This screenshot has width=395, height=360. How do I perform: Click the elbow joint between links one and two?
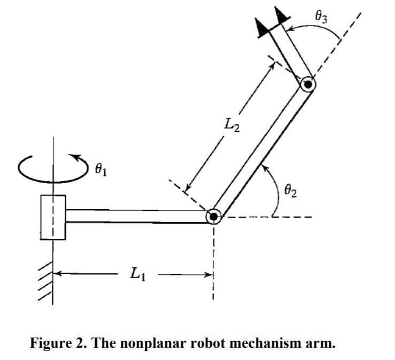(x=214, y=216)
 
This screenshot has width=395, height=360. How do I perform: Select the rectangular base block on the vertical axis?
(x=53, y=217)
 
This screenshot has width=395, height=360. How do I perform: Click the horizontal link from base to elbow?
(x=136, y=216)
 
